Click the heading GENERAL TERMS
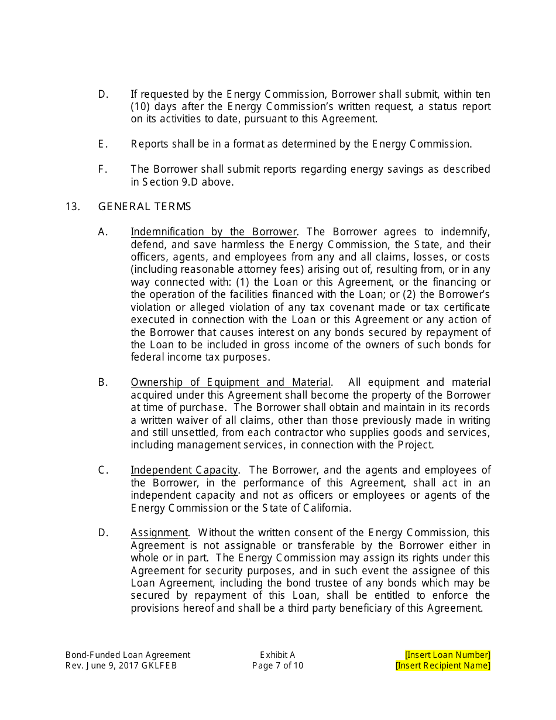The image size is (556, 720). click(144, 207)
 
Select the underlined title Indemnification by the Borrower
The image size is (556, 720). click(214, 232)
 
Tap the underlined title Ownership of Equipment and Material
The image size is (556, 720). click(231, 382)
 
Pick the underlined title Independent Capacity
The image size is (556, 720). click(184, 470)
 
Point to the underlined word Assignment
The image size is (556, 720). click(159, 533)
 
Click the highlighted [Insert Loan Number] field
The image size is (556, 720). click(447, 655)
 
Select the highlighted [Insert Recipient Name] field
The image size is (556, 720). click(442, 666)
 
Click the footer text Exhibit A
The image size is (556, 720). click(277, 655)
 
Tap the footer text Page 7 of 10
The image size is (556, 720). click(277, 666)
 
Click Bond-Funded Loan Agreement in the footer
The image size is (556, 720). click(128, 655)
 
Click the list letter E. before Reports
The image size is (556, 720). click(103, 144)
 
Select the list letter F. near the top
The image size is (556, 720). click(103, 169)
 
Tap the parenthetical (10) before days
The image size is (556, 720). click(140, 107)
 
